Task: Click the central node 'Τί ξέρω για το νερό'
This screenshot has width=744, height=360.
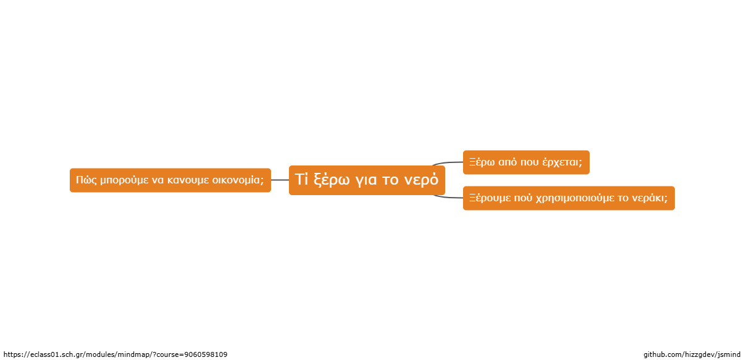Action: pos(367,180)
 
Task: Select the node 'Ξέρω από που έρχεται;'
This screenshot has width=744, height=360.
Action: pos(526,162)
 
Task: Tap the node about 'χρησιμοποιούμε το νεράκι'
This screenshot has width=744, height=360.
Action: pos(569,198)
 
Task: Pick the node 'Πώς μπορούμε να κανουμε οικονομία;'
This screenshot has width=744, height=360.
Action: pos(170,180)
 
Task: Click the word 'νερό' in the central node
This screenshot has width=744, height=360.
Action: pos(421,180)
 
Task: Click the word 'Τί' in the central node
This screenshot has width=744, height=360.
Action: pos(301,179)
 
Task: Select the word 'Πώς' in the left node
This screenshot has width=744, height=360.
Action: pos(86,180)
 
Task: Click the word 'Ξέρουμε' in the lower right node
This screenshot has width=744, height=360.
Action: pos(490,198)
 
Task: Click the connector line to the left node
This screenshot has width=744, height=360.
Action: pos(280,180)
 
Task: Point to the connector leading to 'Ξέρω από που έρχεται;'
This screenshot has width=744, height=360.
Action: pos(448,163)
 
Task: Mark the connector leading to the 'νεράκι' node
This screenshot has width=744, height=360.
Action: pos(448,197)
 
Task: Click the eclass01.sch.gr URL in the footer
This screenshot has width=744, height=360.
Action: pos(115,354)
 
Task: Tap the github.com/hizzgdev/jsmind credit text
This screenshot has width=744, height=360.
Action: pos(692,354)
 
